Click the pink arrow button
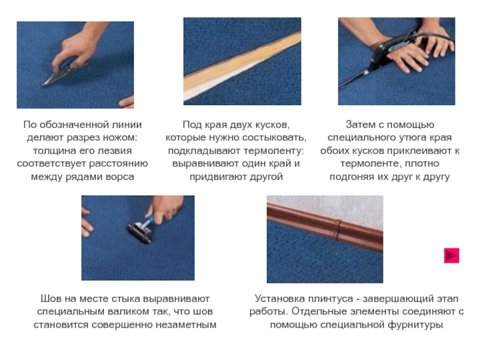452,256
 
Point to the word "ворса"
120,177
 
